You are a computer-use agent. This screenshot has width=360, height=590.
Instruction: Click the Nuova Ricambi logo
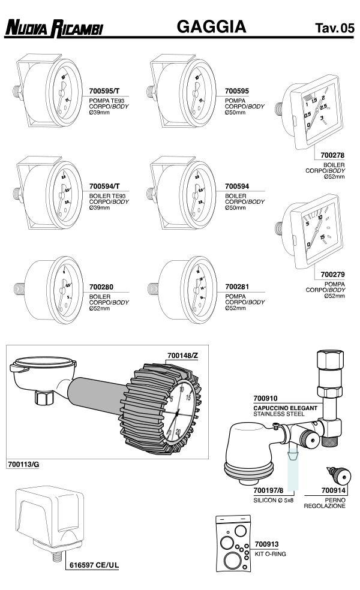[55, 28]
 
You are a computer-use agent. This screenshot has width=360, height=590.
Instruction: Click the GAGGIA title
[212, 26]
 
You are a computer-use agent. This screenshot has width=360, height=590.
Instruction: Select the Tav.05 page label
[334, 28]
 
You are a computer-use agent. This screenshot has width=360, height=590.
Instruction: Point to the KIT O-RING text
[270, 554]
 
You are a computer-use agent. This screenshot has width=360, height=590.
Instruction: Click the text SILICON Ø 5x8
[274, 499]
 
